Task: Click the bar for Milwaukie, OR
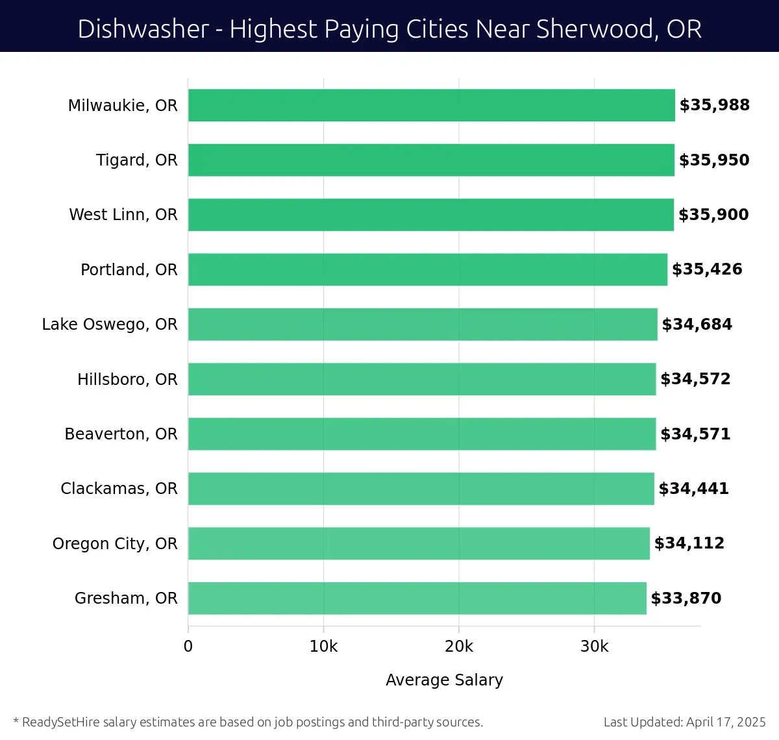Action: pyautogui.click(x=432, y=105)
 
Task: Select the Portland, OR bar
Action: pyautogui.click(x=428, y=269)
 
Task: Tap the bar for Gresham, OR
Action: pyautogui.click(x=417, y=598)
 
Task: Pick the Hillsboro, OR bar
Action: pyautogui.click(x=422, y=379)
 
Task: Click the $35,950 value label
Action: pyautogui.click(x=714, y=160)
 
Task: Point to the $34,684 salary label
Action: pyautogui.click(x=697, y=325)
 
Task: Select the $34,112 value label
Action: pyautogui.click(x=689, y=543)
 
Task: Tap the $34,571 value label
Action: pyautogui.click(x=695, y=434)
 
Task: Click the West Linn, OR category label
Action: pyautogui.click(x=123, y=215)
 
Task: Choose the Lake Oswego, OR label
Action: pyautogui.click(x=110, y=325)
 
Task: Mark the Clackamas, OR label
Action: pyautogui.click(x=119, y=489)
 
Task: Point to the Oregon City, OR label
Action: pyautogui.click(x=115, y=543)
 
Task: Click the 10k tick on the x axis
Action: pyautogui.click(x=323, y=647)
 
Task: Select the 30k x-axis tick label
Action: pyautogui.click(x=594, y=647)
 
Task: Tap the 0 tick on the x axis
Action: pyautogui.click(x=188, y=647)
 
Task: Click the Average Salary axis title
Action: pyautogui.click(x=444, y=680)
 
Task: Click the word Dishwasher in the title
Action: pyautogui.click(x=143, y=29)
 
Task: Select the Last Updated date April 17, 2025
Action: pyautogui.click(x=726, y=722)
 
